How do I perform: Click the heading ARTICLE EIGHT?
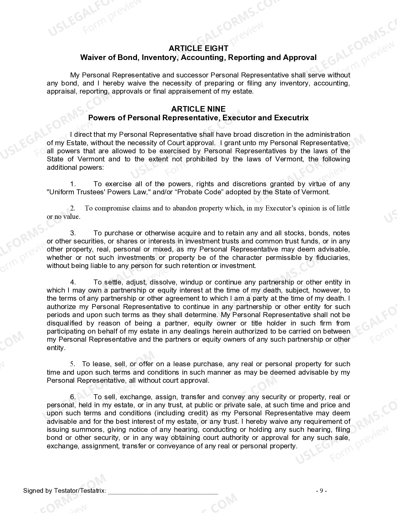pyautogui.click(x=198, y=48)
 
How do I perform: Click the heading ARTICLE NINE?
pyautogui.click(x=198, y=109)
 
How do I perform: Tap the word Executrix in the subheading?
pyautogui.click(x=291, y=118)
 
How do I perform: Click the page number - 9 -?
pyautogui.click(x=321, y=491)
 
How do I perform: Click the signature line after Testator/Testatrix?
pyautogui.click(x=163, y=491)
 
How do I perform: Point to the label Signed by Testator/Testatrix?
pyautogui.click(x=64, y=491)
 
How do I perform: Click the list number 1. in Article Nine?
pyautogui.click(x=73, y=184)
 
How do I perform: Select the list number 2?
pyautogui.click(x=73, y=208)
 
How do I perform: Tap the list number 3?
pyautogui.click(x=73, y=233)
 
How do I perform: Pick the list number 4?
pyautogui.click(x=73, y=282)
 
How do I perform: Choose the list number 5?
pyautogui.click(x=73, y=364)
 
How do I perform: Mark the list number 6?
pyautogui.click(x=73, y=397)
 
